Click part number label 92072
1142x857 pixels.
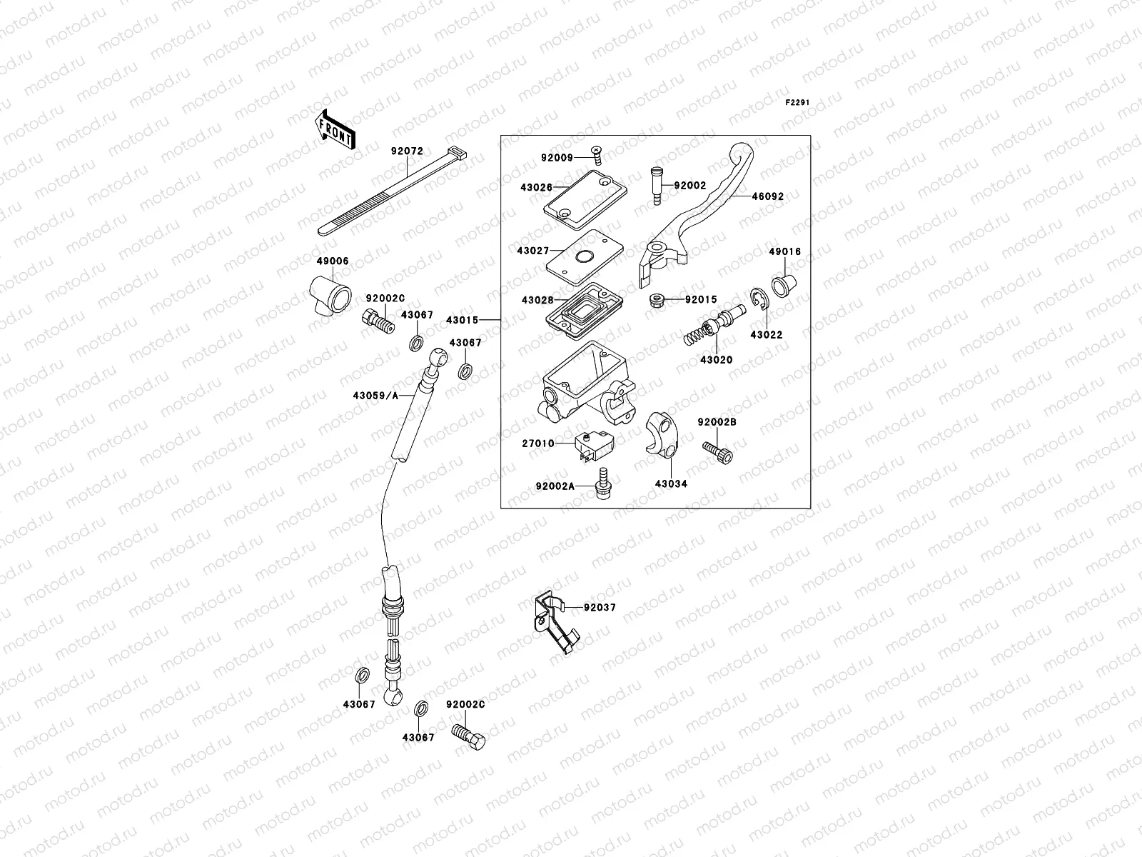click(x=407, y=151)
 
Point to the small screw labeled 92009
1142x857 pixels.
click(x=597, y=152)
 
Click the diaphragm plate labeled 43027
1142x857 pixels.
click(x=584, y=256)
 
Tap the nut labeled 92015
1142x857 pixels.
click(x=657, y=301)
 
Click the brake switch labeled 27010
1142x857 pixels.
click(x=595, y=444)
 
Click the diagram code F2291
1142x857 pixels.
click(x=797, y=103)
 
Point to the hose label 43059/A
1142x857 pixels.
click(x=375, y=395)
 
